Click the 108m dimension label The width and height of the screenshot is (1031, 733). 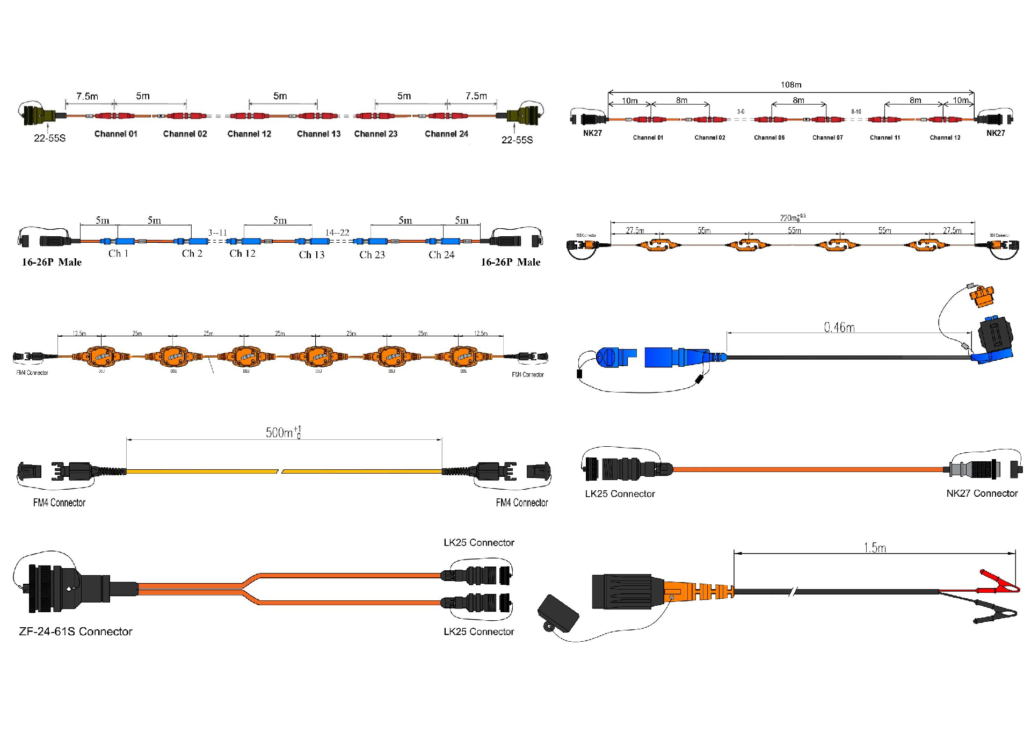(790, 85)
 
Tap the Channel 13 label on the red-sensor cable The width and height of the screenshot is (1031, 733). (318, 134)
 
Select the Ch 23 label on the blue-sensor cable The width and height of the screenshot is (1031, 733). (372, 255)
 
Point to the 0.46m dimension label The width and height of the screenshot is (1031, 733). (839, 327)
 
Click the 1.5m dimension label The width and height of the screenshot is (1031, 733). (875, 548)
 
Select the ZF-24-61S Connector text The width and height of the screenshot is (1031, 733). (75, 632)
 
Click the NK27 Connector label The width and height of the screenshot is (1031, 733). (982, 493)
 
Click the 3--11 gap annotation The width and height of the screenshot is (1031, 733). (217, 233)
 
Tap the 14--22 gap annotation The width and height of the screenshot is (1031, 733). (337, 233)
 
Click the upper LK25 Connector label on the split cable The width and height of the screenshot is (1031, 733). (478, 542)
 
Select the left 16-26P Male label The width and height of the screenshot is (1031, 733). (52, 262)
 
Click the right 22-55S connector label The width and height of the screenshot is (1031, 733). (517, 140)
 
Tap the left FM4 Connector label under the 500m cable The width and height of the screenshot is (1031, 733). (59, 503)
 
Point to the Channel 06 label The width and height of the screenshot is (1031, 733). (769, 137)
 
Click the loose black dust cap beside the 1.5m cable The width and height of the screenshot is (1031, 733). (558, 613)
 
